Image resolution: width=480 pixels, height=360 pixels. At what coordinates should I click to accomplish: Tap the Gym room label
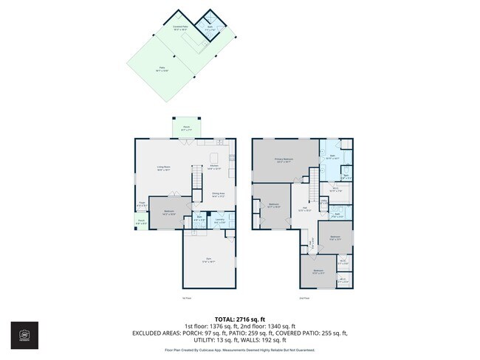(x=209, y=258)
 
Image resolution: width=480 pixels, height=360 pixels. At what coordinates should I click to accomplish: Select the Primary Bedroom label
(x=281, y=160)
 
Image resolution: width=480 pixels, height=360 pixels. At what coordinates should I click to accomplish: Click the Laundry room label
(x=219, y=219)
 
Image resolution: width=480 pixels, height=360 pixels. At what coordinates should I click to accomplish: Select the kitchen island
(x=214, y=157)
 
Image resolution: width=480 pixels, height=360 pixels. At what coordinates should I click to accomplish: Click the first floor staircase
(x=196, y=178)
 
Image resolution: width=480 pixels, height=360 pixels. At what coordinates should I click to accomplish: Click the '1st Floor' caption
(x=186, y=298)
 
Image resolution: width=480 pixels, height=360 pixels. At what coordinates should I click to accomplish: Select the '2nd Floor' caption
(x=304, y=298)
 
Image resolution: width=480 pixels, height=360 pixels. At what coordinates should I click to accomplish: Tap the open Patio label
(x=162, y=69)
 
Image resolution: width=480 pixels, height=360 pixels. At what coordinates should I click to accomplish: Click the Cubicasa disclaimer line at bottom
(x=240, y=350)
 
